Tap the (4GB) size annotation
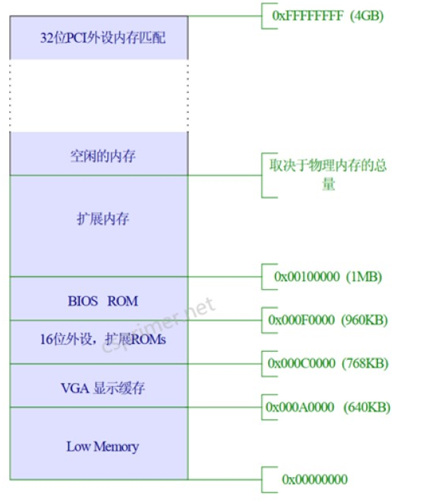point(366,15)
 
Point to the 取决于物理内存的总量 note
point(328,175)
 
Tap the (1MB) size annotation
point(364,276)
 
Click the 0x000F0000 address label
point(301,320)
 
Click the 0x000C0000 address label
point(302,363)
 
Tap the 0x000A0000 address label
point(300,407)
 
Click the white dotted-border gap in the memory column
point(99,95)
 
